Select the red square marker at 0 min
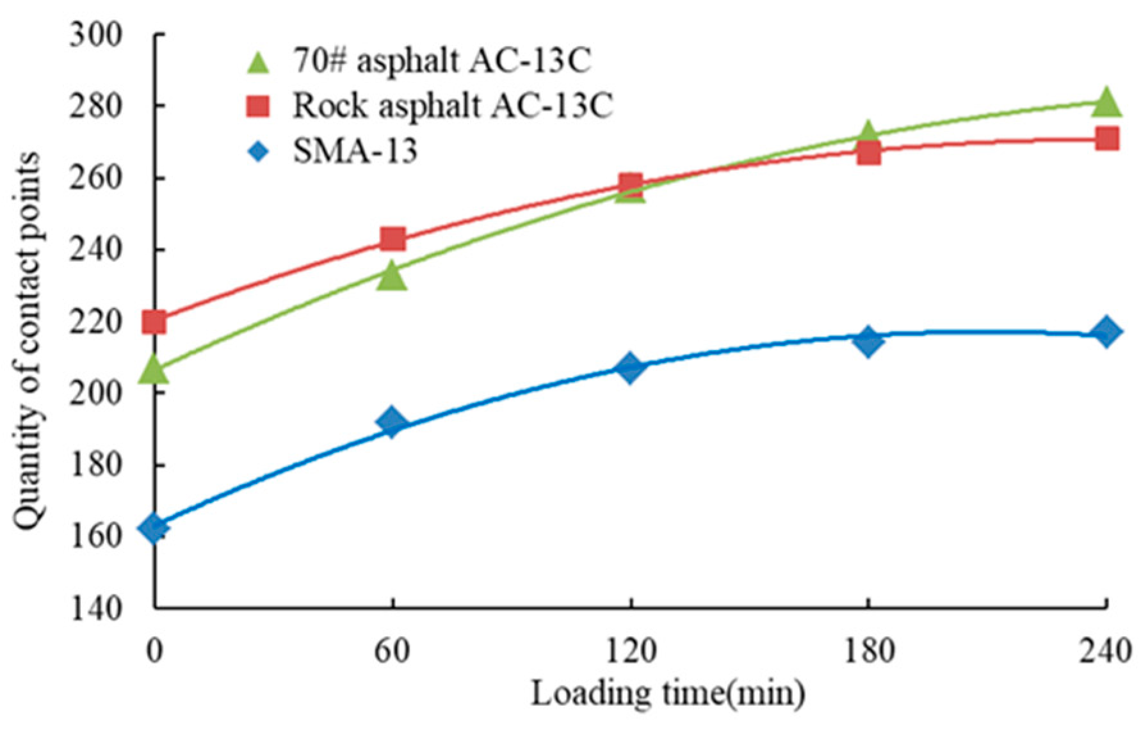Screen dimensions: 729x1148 coord(154,321)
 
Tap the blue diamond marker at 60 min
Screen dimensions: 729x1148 coord(392,422)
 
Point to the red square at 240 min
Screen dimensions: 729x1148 coord(1106,138)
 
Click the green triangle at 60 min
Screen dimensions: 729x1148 coord(392,276)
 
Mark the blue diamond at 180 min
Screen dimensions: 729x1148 coord(868,341)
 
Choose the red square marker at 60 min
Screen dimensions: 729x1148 coord(392,239)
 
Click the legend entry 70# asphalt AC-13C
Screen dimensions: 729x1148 coord(442,61)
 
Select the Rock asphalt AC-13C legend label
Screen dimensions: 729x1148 coord(452,106)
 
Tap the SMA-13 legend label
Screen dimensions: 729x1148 coord(355,152)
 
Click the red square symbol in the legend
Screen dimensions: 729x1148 coord(258,106)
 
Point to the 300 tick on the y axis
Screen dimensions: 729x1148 coord(95,35)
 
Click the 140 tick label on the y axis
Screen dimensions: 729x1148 coord(95,608)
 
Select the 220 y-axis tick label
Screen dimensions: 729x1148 coord(95,322)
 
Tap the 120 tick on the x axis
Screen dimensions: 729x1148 coord(630,652)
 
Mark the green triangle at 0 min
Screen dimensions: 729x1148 coord(154,369)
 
